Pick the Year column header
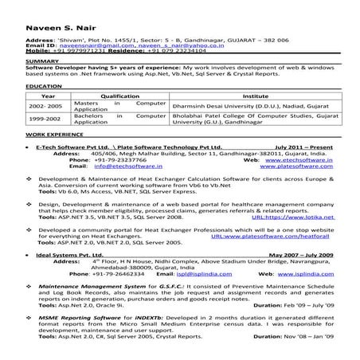coord(40,93)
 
